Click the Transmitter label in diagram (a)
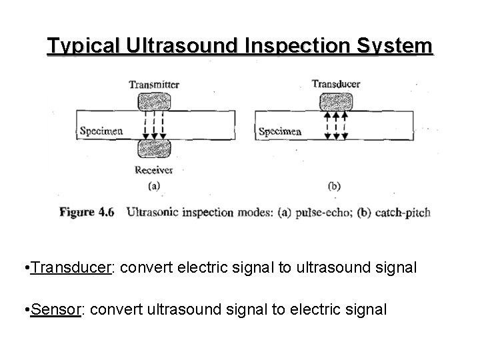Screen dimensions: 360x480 tap(155, 84)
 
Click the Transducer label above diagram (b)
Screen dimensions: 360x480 tap(335, 84)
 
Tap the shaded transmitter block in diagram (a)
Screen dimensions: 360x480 tap(155, 102)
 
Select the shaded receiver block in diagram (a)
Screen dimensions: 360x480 tap(155, 148)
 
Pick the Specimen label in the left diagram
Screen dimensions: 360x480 tap(101, 131)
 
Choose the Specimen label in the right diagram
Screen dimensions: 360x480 tap(280, 131)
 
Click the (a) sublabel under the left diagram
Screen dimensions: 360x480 tap(154, 186)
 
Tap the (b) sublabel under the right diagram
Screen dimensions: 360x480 tap(334, 186)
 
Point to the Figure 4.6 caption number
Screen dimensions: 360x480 tap(87, 213)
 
